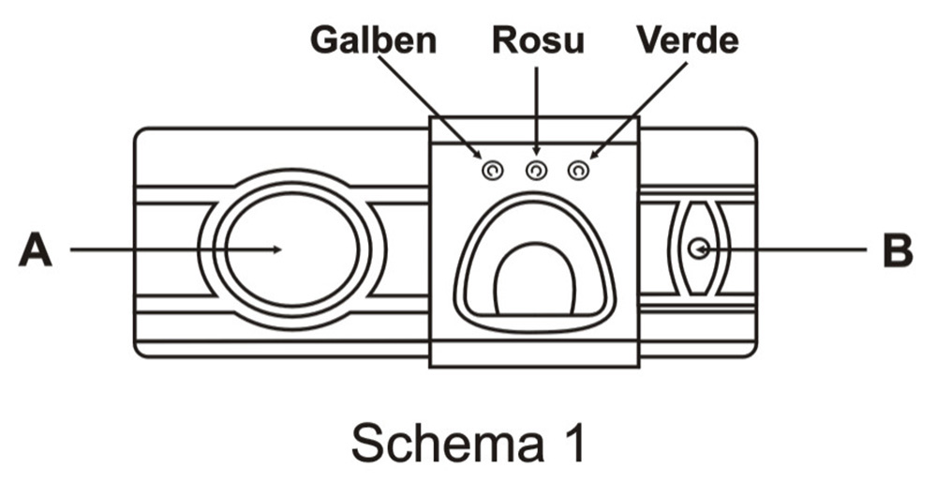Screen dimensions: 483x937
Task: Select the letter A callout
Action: click(36, 250)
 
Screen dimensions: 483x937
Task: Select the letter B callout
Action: click(897, 250)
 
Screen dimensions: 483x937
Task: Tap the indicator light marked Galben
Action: click(492, 171)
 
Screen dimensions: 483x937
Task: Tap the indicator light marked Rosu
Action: click(536, 171)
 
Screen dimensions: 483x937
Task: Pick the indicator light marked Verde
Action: click(579, 171)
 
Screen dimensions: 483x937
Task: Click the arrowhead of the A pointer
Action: click(276, 249)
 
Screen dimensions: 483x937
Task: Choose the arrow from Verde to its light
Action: click(637, 108)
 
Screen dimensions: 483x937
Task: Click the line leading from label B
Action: click(787, 249)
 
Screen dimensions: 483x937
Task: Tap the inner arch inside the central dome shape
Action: click(533, 281)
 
